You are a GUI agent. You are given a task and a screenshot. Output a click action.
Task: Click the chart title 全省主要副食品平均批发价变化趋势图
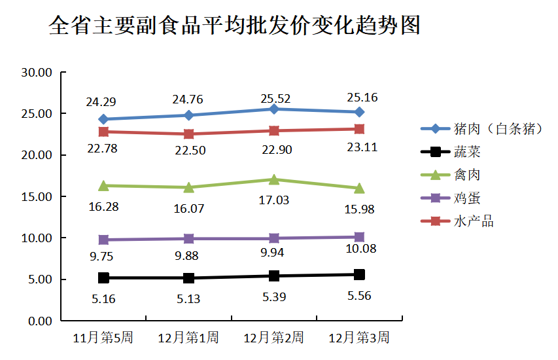[x=234, y=26]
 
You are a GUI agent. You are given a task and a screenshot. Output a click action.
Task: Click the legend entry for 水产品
[x=473, y=221]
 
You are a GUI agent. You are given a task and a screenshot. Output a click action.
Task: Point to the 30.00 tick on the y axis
[x=37, y=73]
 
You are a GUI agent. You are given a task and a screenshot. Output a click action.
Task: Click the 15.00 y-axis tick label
[x=37, y=196]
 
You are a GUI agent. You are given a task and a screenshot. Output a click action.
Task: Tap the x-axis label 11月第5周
[x=103, y=338]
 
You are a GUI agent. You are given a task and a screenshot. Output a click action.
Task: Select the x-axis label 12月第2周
[x=273, y=338]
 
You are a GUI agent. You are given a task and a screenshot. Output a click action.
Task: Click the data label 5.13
[x=188, y=299]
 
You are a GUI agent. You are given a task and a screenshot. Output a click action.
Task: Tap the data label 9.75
[x=103, y=257]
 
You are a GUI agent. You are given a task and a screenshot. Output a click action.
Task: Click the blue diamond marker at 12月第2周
[x=273, y=109]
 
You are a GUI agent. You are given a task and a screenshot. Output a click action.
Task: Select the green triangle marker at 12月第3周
[x=359, y=189]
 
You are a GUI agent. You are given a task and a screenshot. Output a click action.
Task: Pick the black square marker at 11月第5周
[x=103, y=278]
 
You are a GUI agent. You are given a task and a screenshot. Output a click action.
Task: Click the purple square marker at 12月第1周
[x=188, y=238]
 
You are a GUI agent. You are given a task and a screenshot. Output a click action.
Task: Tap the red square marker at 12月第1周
[x=188, y=134]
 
